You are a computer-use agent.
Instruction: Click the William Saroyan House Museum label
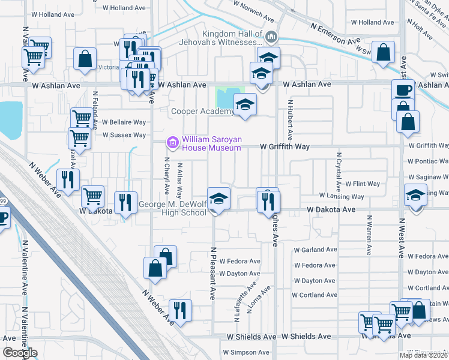[212, 143]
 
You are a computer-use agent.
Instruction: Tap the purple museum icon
[173, 143]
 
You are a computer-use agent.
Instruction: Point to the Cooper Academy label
[202, 111]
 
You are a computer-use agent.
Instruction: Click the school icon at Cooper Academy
[245, 105]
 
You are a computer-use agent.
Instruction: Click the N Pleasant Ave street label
[212, 273]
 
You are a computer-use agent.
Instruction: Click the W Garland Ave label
[316, 250]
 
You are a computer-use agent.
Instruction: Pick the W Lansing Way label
[342, 197]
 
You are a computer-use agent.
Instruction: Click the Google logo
[20, 353]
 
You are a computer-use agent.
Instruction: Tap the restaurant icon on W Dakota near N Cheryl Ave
[125, 202]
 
